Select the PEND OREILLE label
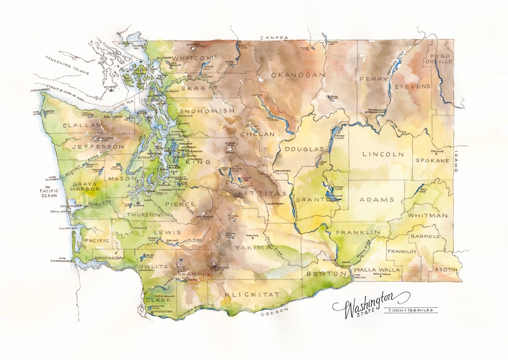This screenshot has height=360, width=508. tap(438, 58)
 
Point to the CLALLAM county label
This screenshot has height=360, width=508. tap(83, 125)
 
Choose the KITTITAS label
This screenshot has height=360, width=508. tap(255, 193)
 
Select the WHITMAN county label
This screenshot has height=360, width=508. tap(428, 216)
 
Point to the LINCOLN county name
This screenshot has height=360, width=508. tap(383, 154)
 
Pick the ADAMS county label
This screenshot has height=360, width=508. tap(377, 200)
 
